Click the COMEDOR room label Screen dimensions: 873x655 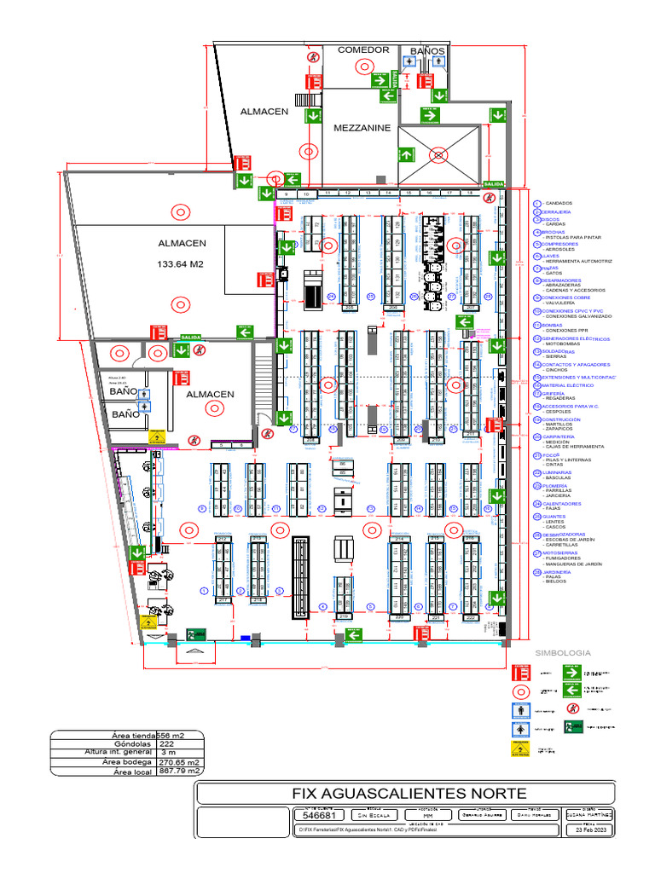click(363, 50)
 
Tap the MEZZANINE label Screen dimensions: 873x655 click(362, 128)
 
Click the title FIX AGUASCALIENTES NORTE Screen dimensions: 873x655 click(403, 793)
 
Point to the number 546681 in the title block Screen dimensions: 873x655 click(315, 815)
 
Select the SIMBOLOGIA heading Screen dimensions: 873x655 click(562, 652)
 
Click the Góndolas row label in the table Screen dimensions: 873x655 click(131, 743)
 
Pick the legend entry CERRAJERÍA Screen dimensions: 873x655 click(556, 211)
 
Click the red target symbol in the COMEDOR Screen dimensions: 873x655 click(315, 56)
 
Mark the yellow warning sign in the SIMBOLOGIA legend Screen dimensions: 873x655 click(519, 748)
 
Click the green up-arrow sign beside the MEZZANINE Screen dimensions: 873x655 click(406, 153)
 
